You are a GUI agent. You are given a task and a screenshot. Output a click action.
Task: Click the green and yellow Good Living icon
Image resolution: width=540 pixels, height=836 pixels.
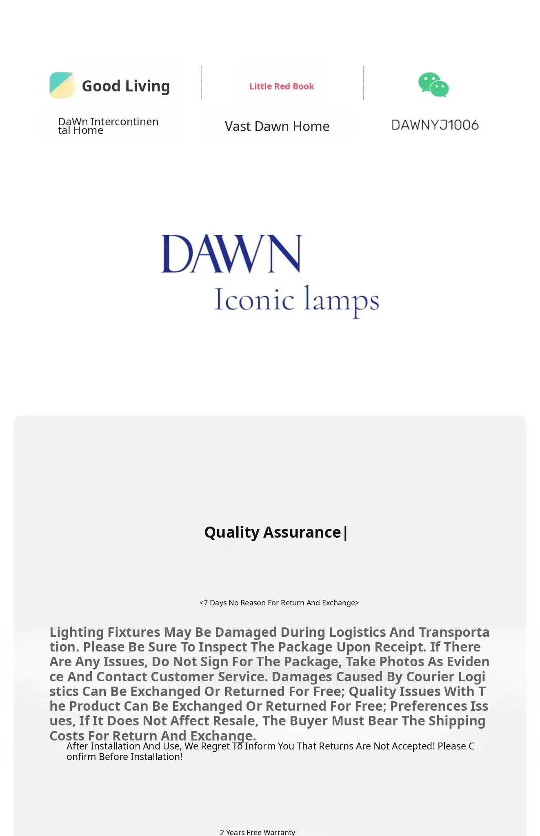[62, 85]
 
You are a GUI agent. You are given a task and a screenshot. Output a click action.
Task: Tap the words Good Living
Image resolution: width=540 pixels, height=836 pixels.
[126, 86]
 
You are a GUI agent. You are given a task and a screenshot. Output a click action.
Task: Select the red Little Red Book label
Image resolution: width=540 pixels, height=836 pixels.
[282, 87]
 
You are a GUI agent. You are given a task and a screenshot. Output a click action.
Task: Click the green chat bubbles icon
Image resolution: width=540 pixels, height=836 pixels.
[433, 85]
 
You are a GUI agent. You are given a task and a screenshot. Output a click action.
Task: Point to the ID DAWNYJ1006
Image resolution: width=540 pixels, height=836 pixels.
[435, 125]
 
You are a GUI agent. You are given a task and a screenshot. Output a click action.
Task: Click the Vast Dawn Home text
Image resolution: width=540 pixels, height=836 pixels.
[277, 127]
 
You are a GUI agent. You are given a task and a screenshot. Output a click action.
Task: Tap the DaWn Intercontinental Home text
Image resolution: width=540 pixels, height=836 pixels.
[108, 126]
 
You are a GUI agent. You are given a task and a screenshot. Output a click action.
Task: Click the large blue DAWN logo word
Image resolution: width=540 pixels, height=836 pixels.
[231, 253]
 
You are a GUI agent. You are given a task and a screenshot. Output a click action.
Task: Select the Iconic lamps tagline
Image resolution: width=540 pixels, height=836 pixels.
[297, 300]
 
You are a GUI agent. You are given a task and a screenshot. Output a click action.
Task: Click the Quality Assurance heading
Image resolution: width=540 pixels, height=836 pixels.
[273, 532]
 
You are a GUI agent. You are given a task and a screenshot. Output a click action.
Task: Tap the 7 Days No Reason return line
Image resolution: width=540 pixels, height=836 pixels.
[279, 603]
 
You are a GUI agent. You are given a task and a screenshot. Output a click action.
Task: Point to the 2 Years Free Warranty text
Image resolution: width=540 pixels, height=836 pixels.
[258, 832]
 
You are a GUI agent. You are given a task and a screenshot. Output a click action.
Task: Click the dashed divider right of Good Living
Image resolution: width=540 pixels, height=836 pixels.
[201, 83]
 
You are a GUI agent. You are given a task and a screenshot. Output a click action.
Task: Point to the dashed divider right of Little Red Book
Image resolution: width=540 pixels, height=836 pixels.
[364, 83]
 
